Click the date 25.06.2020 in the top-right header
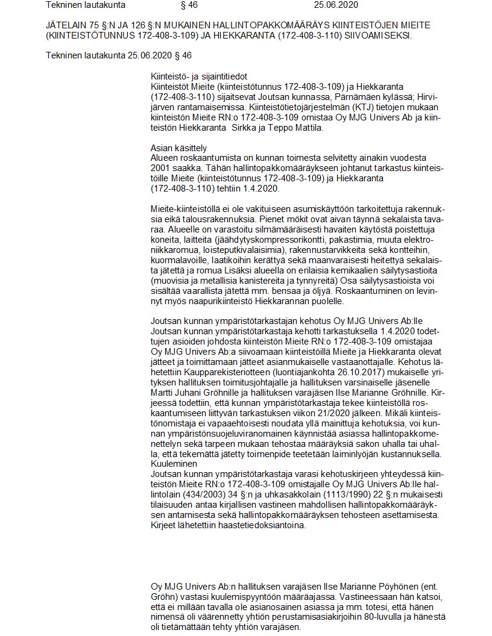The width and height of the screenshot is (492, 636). coord(336,5)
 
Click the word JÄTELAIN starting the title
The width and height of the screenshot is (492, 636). coord(65,26)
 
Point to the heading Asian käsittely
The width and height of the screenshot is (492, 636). coord(178,148)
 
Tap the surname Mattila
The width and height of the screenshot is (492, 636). coord(310,128)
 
